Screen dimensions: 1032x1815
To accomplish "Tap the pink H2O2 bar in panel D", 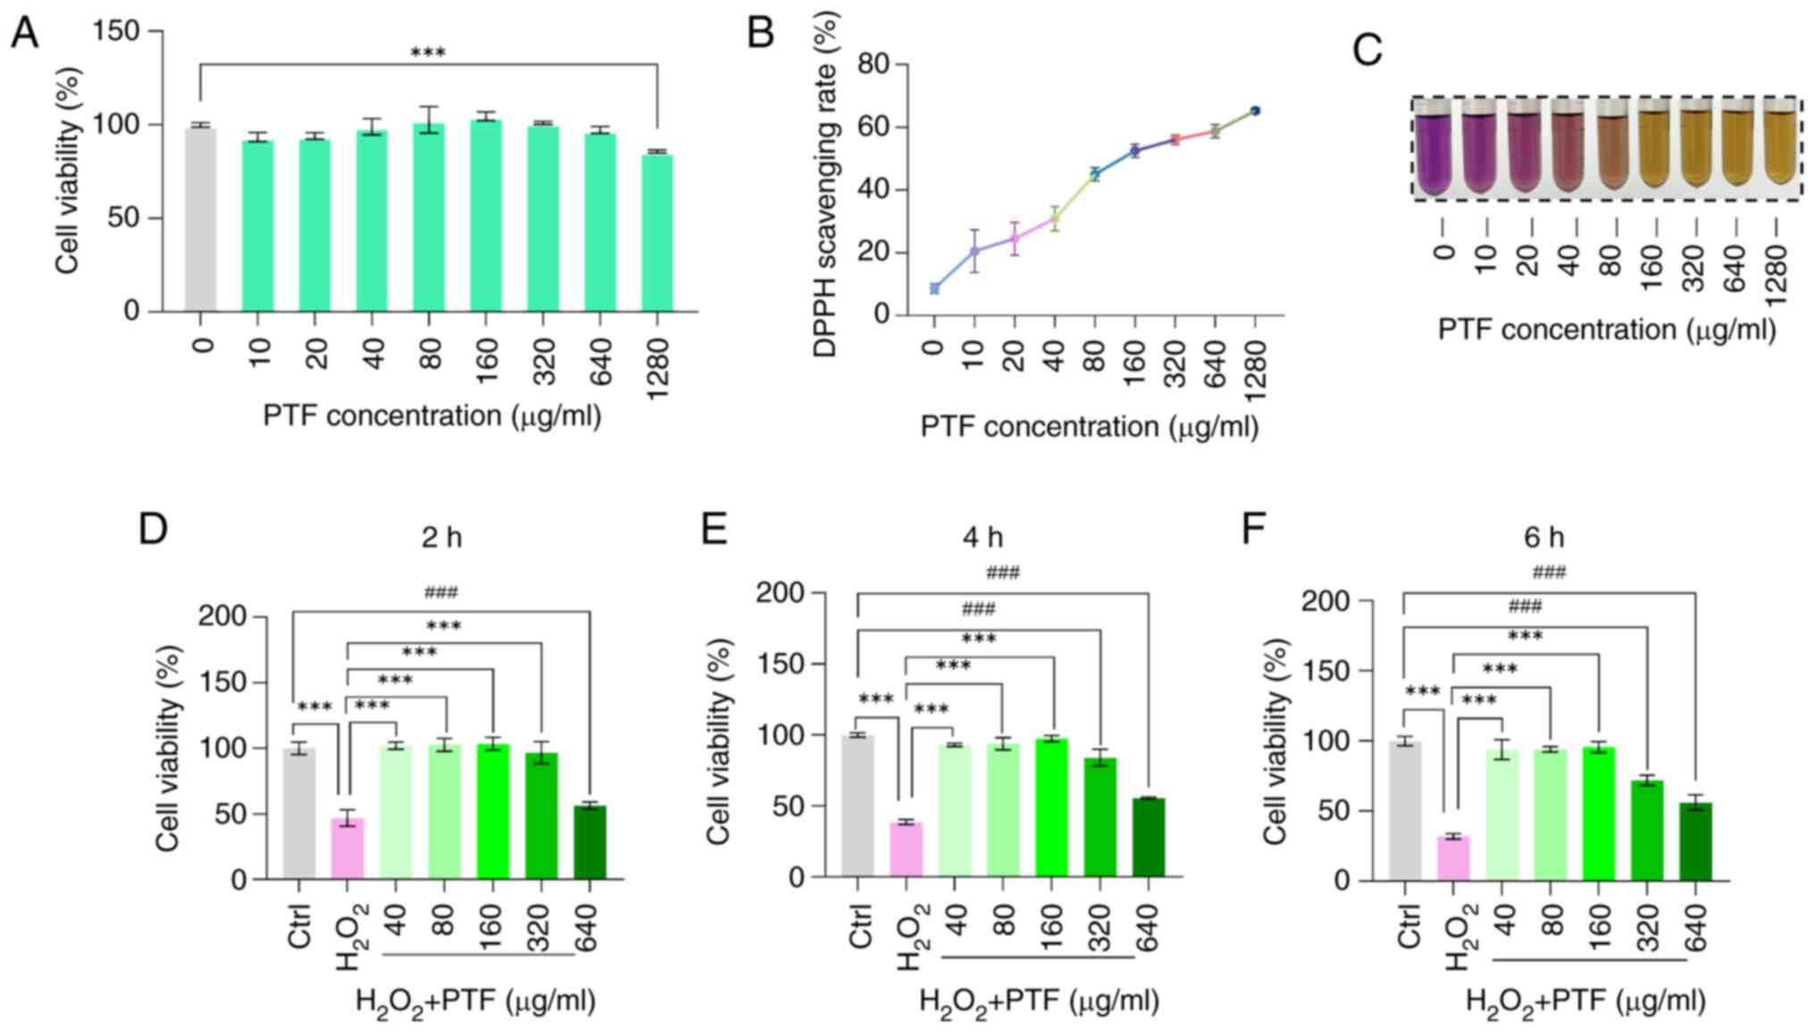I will click(x=347, y=848).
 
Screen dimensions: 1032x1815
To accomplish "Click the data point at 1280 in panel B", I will click(x=1255, y=111).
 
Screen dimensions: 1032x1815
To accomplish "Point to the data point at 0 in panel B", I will click(x=934, y=289).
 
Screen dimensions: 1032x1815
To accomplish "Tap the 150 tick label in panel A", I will click(x=117, y=31).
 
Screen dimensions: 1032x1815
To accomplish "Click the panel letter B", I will click(x=760, y=33).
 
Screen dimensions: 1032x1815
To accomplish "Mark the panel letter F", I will click(x=1255, y=529).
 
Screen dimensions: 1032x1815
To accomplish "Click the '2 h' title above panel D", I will click(x=442, y=537).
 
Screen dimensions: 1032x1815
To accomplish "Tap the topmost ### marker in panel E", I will click(x=1003, y=573).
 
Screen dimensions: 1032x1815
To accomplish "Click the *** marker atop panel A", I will click(x=428, y=53).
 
